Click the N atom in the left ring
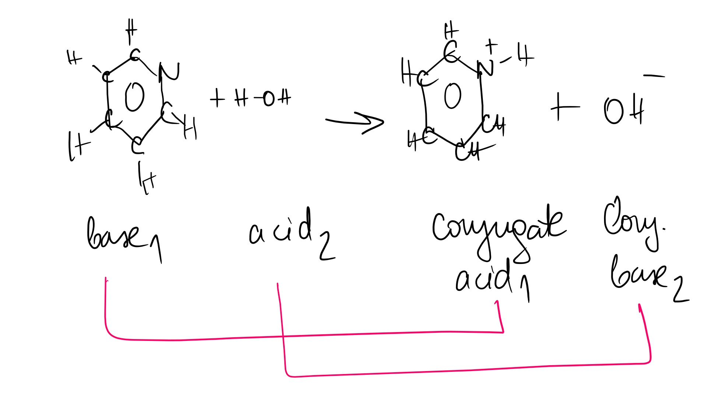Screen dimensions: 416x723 pos(169,72)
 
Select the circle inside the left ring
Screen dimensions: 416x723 pos(134,97)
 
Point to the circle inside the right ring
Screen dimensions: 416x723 pos(452,96)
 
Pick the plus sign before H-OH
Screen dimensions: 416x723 pos(217,98)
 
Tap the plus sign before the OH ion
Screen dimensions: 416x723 pos(564,107)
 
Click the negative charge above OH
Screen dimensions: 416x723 pos(654,76)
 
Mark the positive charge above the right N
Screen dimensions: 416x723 pos(491,46)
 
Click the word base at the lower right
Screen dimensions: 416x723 pos(639,274)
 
